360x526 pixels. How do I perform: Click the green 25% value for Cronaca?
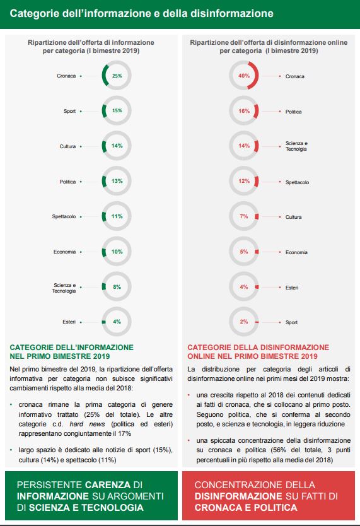pos(117,76)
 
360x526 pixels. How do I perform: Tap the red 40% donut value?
pos(244,76)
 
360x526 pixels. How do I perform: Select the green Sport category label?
pos(70,111)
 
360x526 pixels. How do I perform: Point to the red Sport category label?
pos(291,322)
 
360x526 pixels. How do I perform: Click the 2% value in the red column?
pos(244,322)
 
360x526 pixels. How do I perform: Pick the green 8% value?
pos(117,287)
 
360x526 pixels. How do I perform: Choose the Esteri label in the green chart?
pos(69,322)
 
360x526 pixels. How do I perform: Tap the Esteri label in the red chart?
pos(292,288)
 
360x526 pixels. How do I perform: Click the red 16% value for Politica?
pos(244,111)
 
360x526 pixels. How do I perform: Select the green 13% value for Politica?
pos(117,181)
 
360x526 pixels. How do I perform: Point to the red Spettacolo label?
pos(297,182)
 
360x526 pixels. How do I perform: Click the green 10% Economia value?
pos(117,252)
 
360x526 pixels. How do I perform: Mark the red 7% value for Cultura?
pos(244,216)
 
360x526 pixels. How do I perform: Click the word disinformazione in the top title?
pos(231,13)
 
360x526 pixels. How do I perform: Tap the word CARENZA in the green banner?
pos(108,485)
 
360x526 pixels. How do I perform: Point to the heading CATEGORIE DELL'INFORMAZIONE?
pos(71,348)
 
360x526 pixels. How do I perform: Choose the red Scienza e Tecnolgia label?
pos(296,146)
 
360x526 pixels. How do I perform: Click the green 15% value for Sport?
pos(117,110)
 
